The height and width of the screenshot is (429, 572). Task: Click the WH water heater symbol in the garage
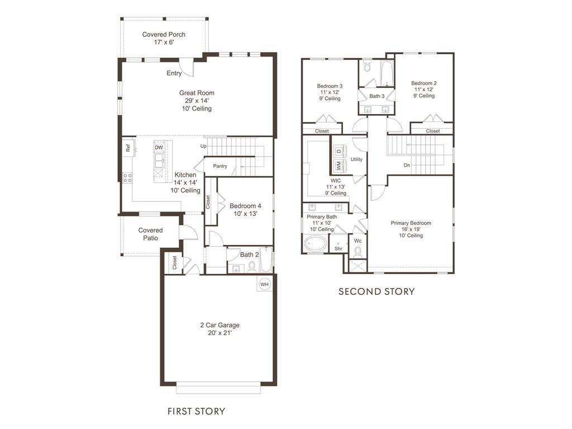coord(264,284)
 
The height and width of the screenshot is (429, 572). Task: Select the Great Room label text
coord(197,93)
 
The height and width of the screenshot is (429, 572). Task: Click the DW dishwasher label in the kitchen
coord(159,148)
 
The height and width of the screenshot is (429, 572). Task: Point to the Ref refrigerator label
coord(128,148)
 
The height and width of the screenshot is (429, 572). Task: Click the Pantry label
coord(220,166)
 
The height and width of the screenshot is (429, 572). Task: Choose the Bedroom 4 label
coord(245,206)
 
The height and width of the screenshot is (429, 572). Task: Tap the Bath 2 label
coord(250,255)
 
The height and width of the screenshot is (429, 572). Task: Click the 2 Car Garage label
coord(220,325)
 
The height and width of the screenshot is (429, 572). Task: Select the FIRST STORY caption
coord(197,412)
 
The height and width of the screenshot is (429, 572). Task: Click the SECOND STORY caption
coord(377,291)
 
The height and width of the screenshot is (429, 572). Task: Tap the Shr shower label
coord(339,249)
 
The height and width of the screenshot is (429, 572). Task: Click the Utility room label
coord(356,159)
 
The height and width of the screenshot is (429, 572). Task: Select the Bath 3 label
coord(376,96)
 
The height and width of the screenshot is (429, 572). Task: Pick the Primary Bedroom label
coord(411,223)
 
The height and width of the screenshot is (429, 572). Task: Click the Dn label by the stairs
coord(408,165)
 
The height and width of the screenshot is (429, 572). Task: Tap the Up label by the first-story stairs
coord(204,146)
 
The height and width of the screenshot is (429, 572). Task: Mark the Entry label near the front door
coord(174,73)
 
